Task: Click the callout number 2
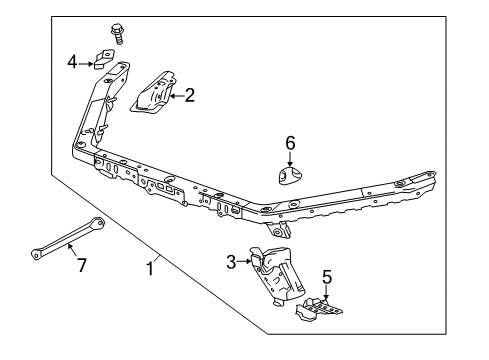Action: point(189,96)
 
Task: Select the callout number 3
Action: point(231,262)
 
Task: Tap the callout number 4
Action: point(71,62)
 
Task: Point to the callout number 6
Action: point(291,143)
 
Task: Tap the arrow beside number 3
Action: point(244,262)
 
